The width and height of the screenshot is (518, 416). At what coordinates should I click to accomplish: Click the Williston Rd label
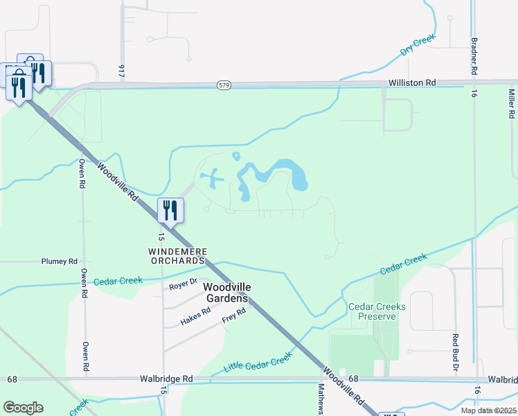[411, 83]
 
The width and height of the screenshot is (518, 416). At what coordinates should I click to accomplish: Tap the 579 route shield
[223, 85]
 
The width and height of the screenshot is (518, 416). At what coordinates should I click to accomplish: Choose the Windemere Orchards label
[178, 255]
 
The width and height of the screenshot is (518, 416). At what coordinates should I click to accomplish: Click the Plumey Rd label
[59, 261]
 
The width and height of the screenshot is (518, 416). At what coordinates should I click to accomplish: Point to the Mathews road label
[321, 399]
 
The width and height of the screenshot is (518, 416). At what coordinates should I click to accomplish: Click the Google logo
[23, 408]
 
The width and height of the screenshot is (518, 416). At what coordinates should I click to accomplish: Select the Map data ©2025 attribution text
[488, 410]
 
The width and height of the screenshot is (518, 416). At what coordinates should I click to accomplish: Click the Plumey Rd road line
[21, 262]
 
